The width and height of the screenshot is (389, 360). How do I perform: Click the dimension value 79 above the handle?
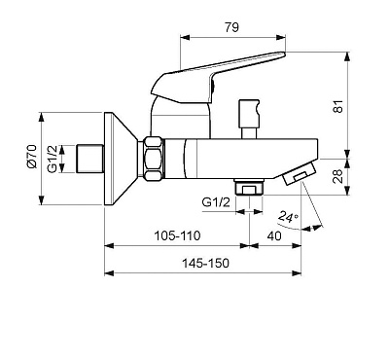click(x=231, y=27)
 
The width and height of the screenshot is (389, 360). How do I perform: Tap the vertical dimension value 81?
click(x=337, y=106)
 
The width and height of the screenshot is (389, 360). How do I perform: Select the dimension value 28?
click(x=337, y=176)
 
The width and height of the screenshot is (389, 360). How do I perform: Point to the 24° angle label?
click(x=289, y=216)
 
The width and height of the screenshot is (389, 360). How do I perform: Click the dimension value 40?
click(x=274, y=235)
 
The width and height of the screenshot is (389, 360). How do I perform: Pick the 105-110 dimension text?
click(x=177, y=235)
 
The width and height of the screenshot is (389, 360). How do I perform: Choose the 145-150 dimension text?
click(x=205, y=263)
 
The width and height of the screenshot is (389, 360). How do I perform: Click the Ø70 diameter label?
click(x=33, y=157)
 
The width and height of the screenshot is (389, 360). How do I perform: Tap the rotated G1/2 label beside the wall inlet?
click(x=53, y=159)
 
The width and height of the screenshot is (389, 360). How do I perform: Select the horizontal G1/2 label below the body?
click(x=216, y=202)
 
